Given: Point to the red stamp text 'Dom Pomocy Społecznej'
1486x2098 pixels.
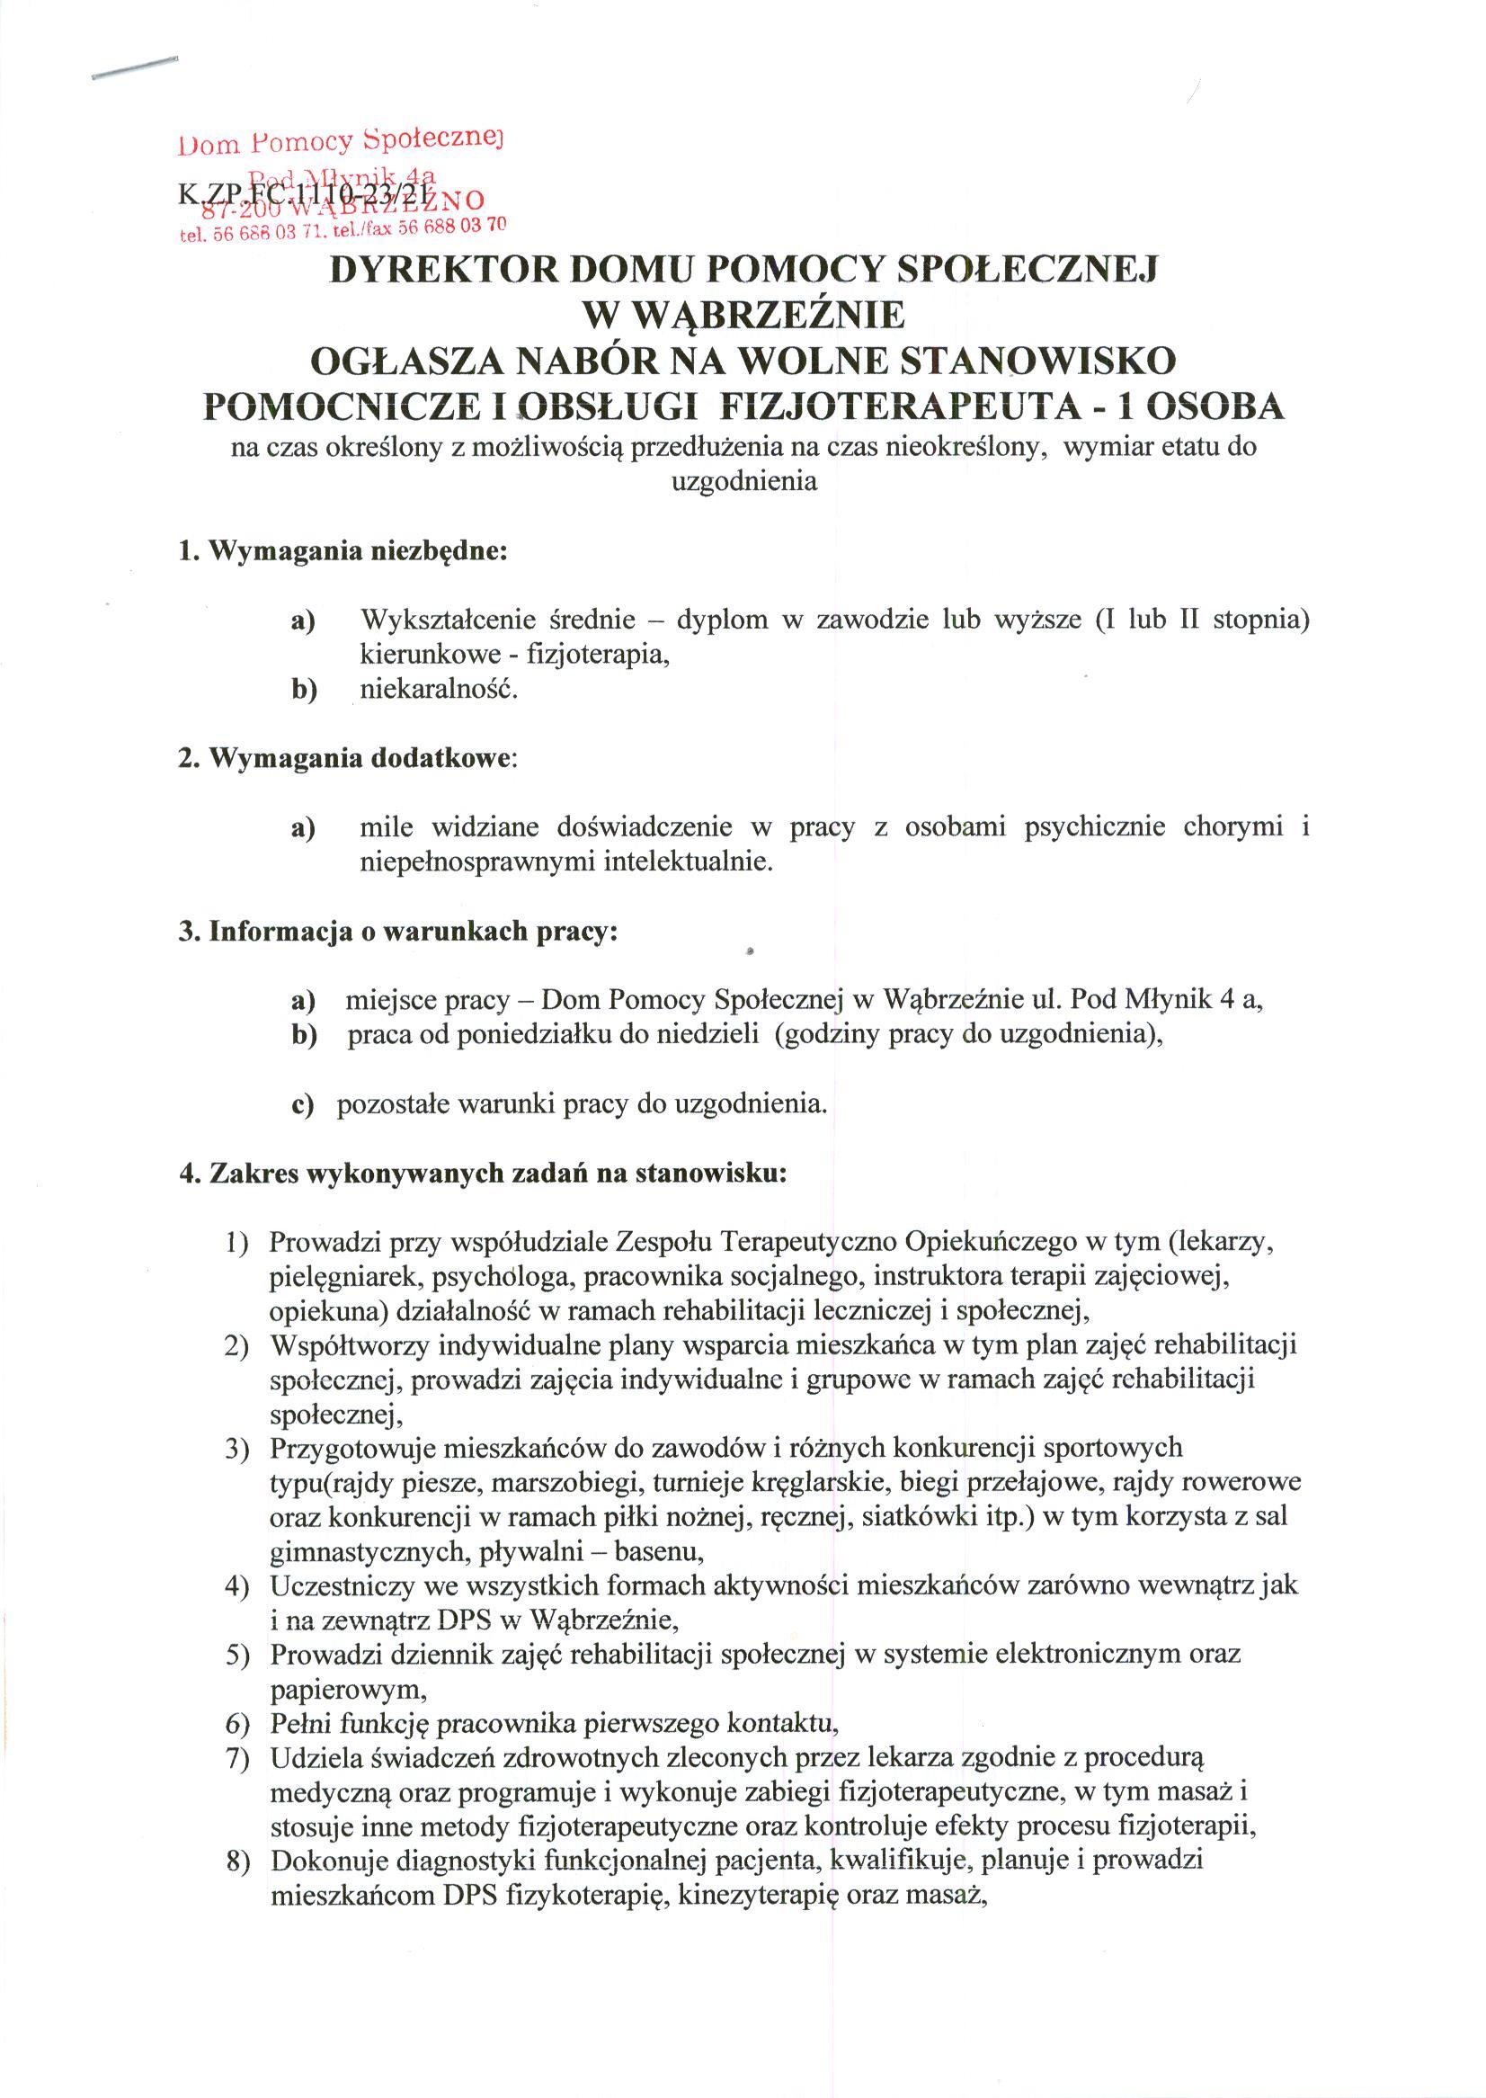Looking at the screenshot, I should point(343,142).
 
